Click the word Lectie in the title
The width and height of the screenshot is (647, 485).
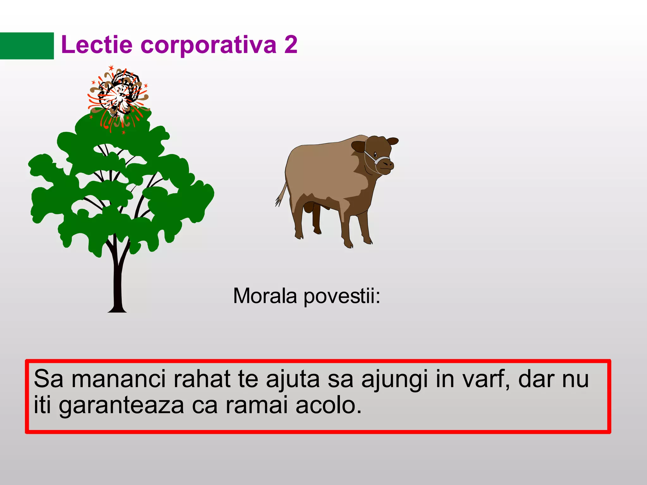tap(96, 45)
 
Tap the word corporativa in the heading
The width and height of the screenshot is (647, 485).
tap(208, 45)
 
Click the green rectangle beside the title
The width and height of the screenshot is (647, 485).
tap(27, 46)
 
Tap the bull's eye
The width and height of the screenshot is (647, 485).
tap(375, 154)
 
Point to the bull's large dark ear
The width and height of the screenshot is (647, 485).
tap(359, 146)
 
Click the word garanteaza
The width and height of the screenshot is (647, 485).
tap(121, 405)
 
